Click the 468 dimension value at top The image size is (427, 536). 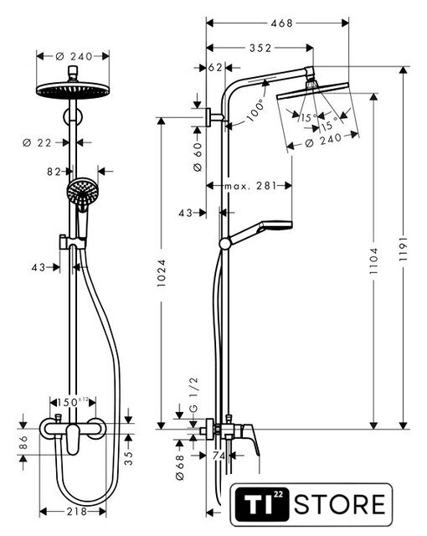281,23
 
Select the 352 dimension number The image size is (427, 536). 260,49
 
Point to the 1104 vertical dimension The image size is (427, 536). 374,261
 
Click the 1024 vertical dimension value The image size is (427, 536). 162,273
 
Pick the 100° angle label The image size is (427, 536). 256,110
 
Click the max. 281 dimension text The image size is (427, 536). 250,186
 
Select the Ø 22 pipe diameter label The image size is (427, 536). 37,143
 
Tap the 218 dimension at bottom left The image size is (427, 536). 77,512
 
